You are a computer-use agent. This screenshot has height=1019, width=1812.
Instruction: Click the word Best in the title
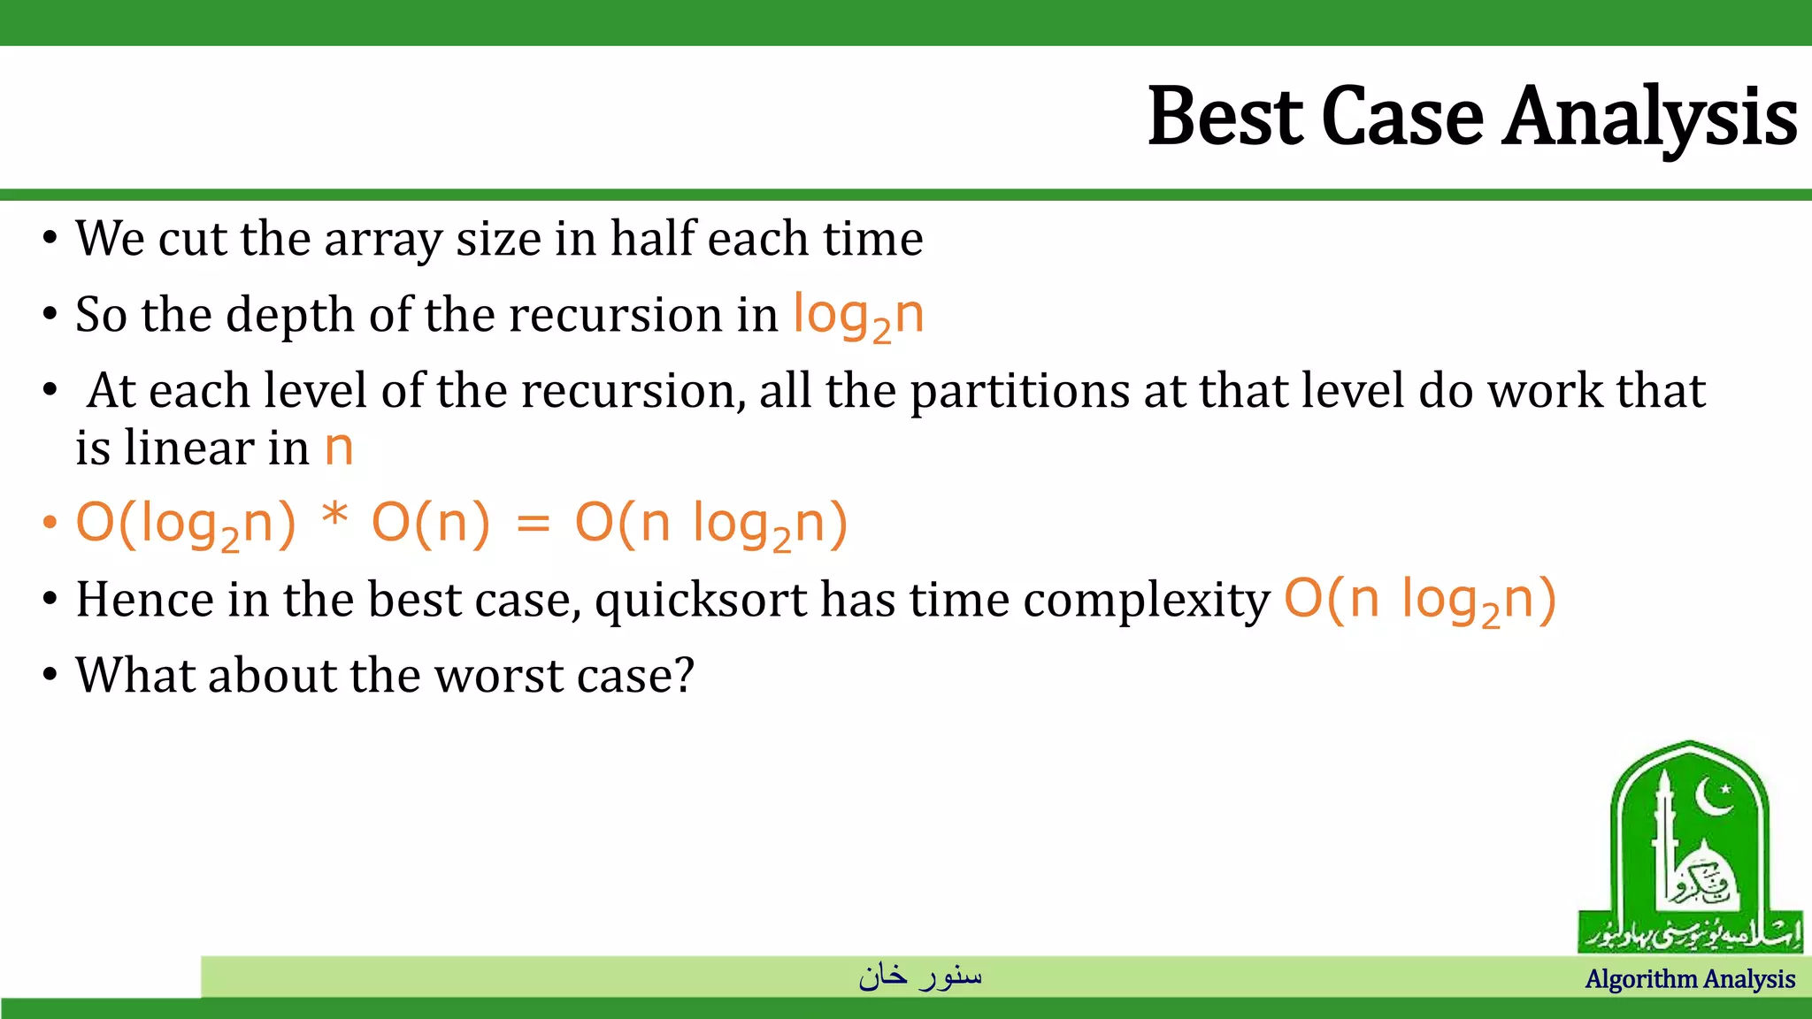[1225, 117]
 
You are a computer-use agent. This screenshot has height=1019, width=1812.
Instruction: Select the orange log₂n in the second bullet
[858, 316]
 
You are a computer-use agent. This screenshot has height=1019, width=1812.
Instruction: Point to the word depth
[289, 315]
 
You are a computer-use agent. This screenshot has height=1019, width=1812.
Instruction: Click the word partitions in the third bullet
[1019, 392]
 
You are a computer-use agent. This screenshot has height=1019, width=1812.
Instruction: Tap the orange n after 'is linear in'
[338, 448]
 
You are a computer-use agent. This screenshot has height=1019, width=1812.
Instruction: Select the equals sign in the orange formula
[533, 524]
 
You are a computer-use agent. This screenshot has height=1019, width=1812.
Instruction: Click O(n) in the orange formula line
[430, 523]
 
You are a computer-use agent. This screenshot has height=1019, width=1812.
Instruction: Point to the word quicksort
[700, 601]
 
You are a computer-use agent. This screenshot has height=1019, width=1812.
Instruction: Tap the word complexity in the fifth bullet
[1147, 601]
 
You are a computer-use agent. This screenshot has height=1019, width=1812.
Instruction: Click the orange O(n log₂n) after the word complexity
[1419, 601]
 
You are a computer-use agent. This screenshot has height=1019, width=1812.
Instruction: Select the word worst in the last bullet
[499, 676]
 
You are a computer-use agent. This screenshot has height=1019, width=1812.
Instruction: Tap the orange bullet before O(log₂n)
[50, 523]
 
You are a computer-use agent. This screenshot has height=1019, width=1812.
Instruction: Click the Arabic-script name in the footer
[920, 976]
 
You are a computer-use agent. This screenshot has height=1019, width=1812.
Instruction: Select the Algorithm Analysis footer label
[1689, 979]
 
